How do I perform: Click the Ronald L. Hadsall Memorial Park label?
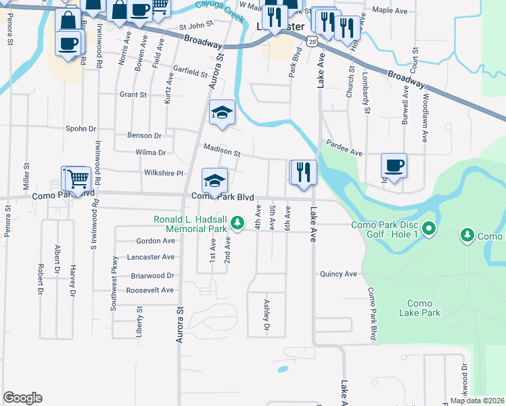pos(189,225)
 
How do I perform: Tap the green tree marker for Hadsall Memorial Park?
pos(237,222)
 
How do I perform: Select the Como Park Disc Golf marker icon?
pos(428,229)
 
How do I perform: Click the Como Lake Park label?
pos(424,309)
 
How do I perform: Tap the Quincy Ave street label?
pos(339,274)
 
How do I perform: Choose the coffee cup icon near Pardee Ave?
pos(394,164)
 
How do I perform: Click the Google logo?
pos(22,398)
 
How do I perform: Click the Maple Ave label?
pos(389,10)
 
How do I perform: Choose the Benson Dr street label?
pos(144,135)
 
